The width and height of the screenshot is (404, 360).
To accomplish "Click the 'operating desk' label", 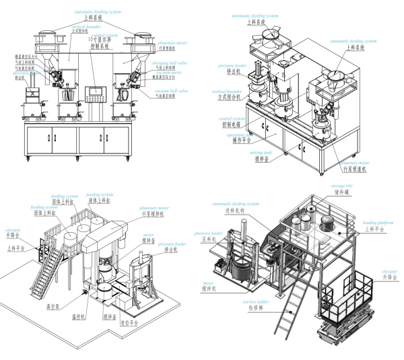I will coord(238,135).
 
